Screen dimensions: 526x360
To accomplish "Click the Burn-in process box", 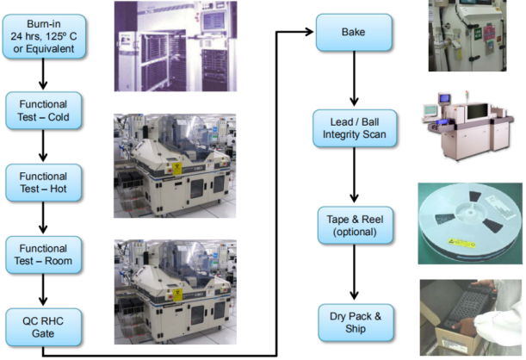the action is (44, 36).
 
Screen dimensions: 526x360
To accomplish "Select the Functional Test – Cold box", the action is (44, 110).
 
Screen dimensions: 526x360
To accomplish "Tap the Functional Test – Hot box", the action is (44, 183).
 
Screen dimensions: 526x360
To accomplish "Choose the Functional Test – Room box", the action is (44, 255).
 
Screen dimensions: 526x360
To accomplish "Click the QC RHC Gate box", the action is (44, 327).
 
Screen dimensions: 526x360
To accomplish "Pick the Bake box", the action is (354, 32).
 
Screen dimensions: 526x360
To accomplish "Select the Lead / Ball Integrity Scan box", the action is (355, 128).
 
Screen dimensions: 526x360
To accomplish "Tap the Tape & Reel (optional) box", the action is (356, 225).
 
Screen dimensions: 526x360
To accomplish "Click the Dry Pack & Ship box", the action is (356, 322).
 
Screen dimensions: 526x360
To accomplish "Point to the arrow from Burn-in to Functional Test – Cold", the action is (43, 74).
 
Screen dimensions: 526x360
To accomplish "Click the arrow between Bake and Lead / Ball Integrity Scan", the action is (354, 78).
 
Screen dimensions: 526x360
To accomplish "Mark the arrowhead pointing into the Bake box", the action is (308, 32).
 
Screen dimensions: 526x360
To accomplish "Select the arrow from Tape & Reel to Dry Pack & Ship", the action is (354, 272).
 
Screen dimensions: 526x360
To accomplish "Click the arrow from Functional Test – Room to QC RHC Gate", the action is (43, 289).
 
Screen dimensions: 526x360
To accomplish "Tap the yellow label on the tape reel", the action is (462, 243).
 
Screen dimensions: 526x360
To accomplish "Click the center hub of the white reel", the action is (471, 212).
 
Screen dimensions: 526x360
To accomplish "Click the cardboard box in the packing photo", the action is (457, 338).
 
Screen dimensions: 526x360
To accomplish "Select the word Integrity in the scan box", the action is (342, 134).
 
